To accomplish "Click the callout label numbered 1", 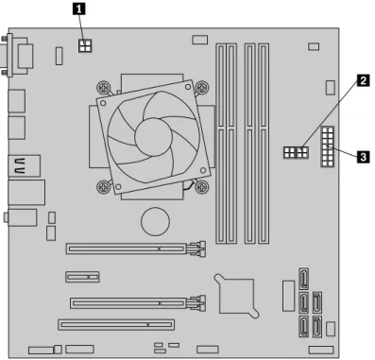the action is pyautogui.click(x=79, y=9).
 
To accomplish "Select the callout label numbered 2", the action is pyautogui.click(x=363, y=80).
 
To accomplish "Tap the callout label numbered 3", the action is pyautogui.click(x=363, y=156).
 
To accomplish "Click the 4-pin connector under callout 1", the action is pyautogui.click(x=85, y=45).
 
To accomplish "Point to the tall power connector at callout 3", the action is pyautogui.click(x=328, y=146).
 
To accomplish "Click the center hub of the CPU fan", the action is pyautogui.click(x=154, y=137).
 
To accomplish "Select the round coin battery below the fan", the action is pyautogui.click(x=155, y=221).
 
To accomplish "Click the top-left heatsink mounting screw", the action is pyautogui.click(x=104, y=87).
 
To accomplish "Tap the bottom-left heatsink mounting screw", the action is pyautogui.click(x=103, y=187).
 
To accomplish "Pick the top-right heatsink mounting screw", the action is pyautogui.click(x=202, y=87).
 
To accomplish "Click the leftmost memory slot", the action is pyautogui.click(x=221, y=144).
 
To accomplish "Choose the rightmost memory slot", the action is pyautogui.click(x=264, y=144).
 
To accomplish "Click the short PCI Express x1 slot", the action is pyautogui.click(x=83, y=277).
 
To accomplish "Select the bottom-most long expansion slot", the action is pyautogui.click(x=116, y=324).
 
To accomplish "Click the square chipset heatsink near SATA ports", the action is pyautogui.click(x=237, y=296).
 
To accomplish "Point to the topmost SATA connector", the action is pyautogui.click(x=303, y=279).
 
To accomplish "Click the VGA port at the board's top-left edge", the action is pyautogui.click(x=17, y=56).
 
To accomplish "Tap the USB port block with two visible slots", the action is pyautogui.click(x=25, y=166).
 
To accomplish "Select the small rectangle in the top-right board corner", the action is pyautogui.click(x=314, y=46).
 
